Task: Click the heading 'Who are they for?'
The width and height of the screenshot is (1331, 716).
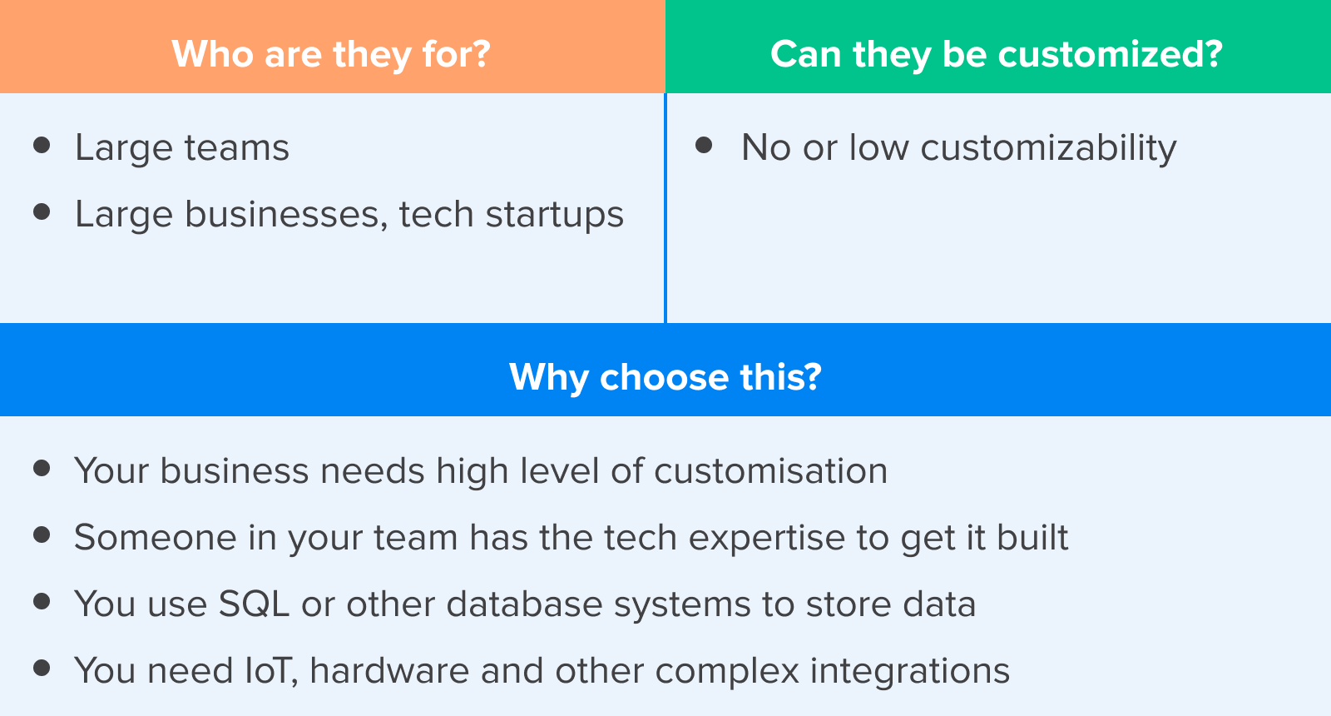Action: pyautogui.click(x=331, y=55)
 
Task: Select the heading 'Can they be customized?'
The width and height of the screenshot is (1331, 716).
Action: pyautogui.click(x=997, y=55)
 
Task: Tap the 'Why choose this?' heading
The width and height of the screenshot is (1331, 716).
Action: pyautogui.click(x=665, y=378)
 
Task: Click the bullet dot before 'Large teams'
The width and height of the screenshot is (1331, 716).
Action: pyautogui.click(x=42, y=145)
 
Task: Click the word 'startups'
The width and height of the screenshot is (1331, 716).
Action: pyautogui.click(x=554, y=215)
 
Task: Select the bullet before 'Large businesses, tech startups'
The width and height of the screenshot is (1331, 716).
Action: pyautogui.click(x=42, y=211)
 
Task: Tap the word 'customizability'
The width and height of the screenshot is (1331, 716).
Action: pyautogui.click(x=1048, y=148)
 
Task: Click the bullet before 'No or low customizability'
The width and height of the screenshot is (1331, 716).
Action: pyautogui.click(x=704, y=145)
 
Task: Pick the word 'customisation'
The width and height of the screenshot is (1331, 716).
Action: pyautogui.click(x=770, y=471)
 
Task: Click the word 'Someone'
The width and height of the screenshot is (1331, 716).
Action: pyautogui.click(x=155, y=538)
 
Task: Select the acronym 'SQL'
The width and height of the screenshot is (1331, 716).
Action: pyautogui.click(x=254, y=604)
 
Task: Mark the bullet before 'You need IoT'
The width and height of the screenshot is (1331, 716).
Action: pyautogui.click(x=42, y=669)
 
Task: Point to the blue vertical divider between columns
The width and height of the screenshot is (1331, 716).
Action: pyautogui.click(x=665, y=208)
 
